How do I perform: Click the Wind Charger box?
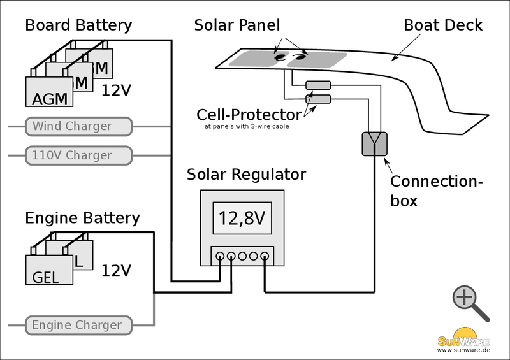(78, 126)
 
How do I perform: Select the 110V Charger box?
(78, 155)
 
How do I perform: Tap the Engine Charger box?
(78, 325)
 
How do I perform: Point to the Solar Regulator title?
(246, 175)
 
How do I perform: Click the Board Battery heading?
(78, 25)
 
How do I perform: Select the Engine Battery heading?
(82, 218)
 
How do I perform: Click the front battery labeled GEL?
(49, 270)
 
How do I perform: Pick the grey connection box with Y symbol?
(374, 144)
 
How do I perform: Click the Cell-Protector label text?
(249, 115)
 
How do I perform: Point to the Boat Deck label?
(443, 25)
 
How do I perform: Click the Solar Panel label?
(237, 25)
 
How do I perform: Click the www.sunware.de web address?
(463, 350)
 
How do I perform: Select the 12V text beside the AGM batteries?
(116, 90)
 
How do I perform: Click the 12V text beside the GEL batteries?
(116, 270)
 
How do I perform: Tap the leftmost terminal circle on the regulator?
(220, 256)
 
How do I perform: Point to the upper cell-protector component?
(317, 85)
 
